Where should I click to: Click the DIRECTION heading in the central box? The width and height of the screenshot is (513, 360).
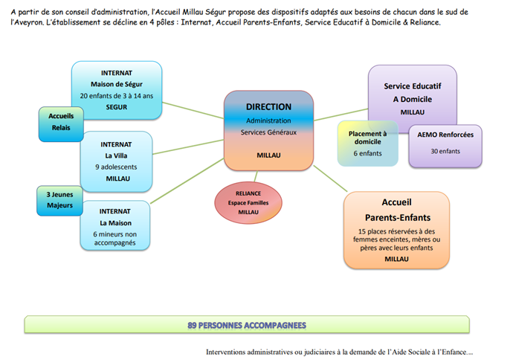(x=268, y=106)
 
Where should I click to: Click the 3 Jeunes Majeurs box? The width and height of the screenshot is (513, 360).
(x=59, y=201)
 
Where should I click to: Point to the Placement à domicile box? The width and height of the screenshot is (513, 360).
(x=368, y=143)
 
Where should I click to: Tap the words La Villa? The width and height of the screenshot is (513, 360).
(x=117, y=155)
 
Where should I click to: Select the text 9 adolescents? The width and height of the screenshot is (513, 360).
(x=117, y=167)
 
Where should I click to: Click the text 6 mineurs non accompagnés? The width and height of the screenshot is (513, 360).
(x=116, y=239)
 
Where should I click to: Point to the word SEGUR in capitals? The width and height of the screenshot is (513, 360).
(x=117, y=107)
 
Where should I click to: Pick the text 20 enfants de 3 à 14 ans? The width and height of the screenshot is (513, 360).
(x=117, y=95)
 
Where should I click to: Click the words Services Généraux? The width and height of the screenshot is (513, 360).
(x=268, y=132)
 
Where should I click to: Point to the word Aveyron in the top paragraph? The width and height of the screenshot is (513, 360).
(x=29, y=23)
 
